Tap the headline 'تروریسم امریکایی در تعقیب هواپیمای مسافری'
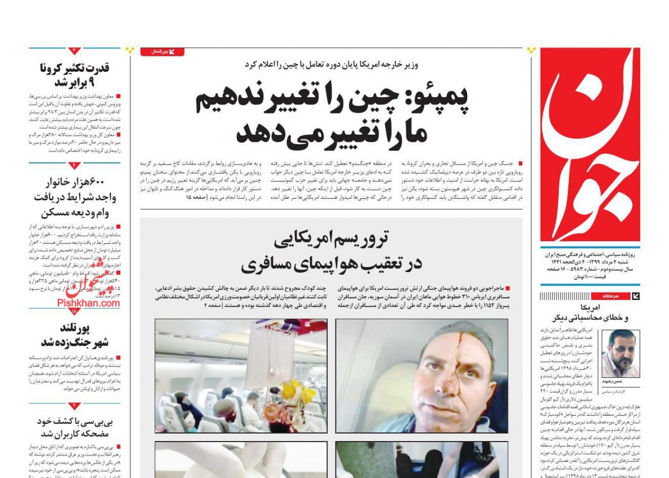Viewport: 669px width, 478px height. tap(331, 251)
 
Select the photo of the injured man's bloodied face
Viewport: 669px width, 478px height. tap(422, 376)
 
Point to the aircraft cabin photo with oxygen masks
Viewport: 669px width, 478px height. tap(241, 376)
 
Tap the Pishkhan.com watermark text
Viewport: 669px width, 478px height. tap(89, 303)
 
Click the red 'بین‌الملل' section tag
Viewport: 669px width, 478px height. tap(162, 52)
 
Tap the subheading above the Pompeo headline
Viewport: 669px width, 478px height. tap(331, 65)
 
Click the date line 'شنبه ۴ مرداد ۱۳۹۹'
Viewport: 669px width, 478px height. tap(605, 262)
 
